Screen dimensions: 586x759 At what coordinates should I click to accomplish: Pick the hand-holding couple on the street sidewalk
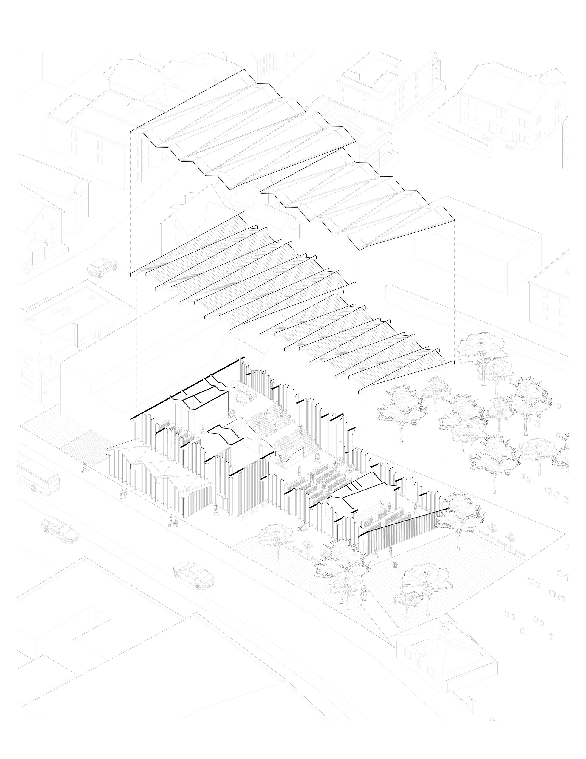[x=122, y=494]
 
